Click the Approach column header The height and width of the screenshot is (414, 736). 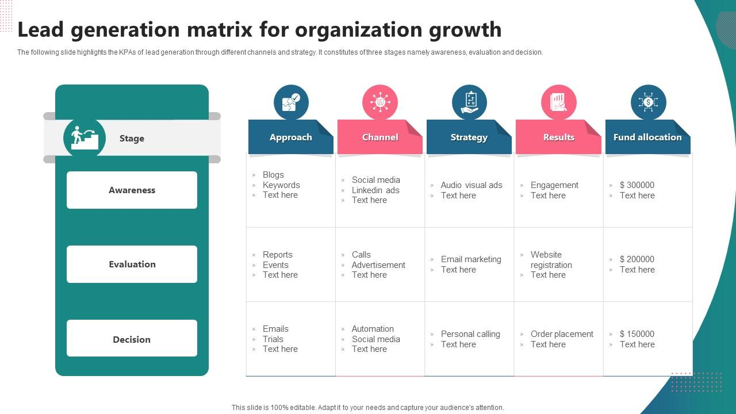point(291,137)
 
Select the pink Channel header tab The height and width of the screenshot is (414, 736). point(380,137)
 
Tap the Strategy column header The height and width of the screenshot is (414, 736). point(469,137)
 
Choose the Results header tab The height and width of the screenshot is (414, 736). point(558,137)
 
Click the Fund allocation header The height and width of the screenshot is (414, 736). point(647,137)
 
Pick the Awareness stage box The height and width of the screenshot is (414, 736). point(132,190)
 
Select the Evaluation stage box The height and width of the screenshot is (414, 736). point(132,264)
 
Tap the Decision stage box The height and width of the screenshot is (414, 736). point(132,339)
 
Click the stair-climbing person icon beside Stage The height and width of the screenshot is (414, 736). point(85,138)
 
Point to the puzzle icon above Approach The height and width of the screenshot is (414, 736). point(291,102)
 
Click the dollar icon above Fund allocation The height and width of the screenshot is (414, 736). point(648,102)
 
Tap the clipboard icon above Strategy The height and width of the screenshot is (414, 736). point(469,102)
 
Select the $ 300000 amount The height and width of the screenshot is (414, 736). point(637,185)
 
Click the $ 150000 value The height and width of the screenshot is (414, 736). point(637,334)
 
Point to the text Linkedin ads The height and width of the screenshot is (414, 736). point(375,190)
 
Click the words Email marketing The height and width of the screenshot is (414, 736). point(471,259)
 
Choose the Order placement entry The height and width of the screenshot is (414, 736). point(562,334)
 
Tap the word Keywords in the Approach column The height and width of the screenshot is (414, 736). point(281,185)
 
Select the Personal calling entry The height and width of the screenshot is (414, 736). point(470,334)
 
